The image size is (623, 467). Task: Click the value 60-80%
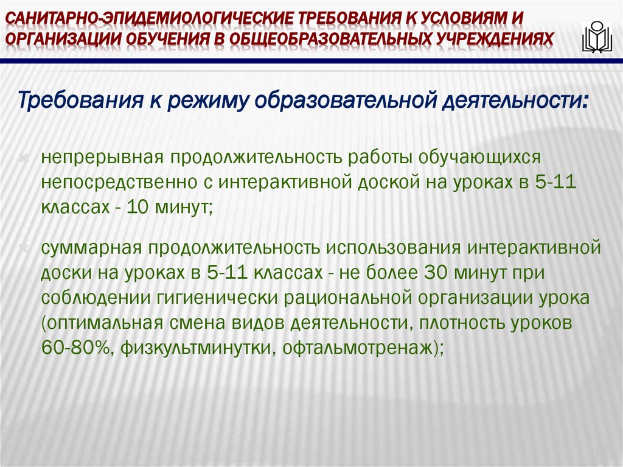pyautogui.click(x=75, y=348)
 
